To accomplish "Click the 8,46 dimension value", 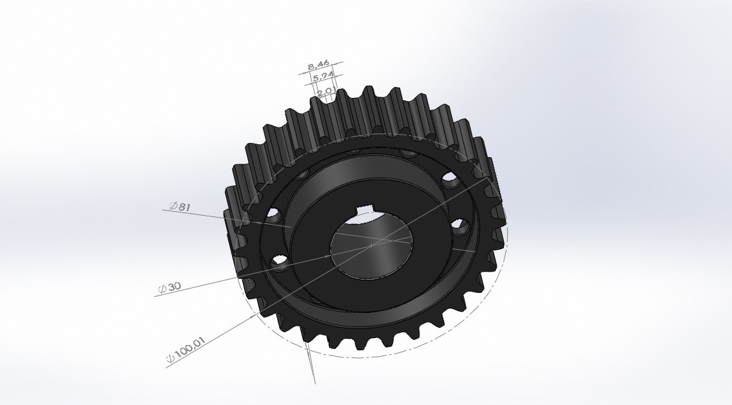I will tap(319, 64).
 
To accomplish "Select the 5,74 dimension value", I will tap(323, 77).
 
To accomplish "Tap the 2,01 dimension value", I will tap(326, 91).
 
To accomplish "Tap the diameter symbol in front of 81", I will tap(173, 205).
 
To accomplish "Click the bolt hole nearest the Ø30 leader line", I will tap(280, 262).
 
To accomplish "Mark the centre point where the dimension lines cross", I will tap(372, 245).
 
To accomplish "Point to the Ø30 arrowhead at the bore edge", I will tap(331, 255).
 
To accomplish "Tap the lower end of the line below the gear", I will tap(314, 383).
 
